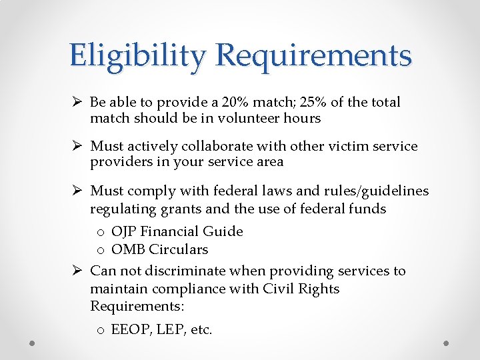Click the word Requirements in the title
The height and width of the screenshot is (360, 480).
click(x=314, y=56)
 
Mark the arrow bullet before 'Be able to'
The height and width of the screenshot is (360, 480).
click(x=77, y=102)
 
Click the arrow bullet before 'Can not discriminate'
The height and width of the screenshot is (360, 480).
click(x=77, y=271)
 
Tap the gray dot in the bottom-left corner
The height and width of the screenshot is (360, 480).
click(x=33, y=343)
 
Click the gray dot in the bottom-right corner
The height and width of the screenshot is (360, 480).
click(x=447, y=343)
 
